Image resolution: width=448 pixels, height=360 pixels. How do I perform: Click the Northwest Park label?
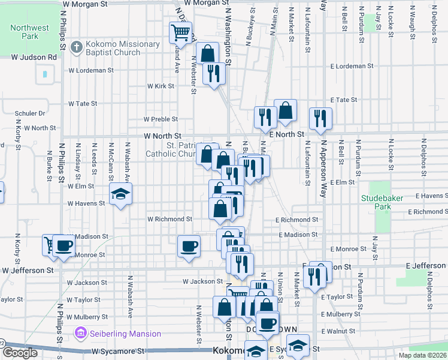[29, 32]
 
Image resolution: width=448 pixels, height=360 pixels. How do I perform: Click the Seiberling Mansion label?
[125, 334]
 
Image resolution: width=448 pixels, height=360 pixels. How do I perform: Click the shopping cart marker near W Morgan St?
[180, 32]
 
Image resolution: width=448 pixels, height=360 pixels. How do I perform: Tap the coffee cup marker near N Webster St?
[189, 246]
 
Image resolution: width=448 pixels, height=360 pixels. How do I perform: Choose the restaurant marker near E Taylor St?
[312, 277]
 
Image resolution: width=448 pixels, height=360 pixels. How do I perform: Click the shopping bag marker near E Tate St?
[286, 110]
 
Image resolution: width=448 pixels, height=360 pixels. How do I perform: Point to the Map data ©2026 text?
[423, 355]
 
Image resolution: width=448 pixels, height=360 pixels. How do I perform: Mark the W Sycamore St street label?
[119, 350]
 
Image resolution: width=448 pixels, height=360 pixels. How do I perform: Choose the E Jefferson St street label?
[426, 265]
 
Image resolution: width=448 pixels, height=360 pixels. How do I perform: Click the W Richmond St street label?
[169, 220]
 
